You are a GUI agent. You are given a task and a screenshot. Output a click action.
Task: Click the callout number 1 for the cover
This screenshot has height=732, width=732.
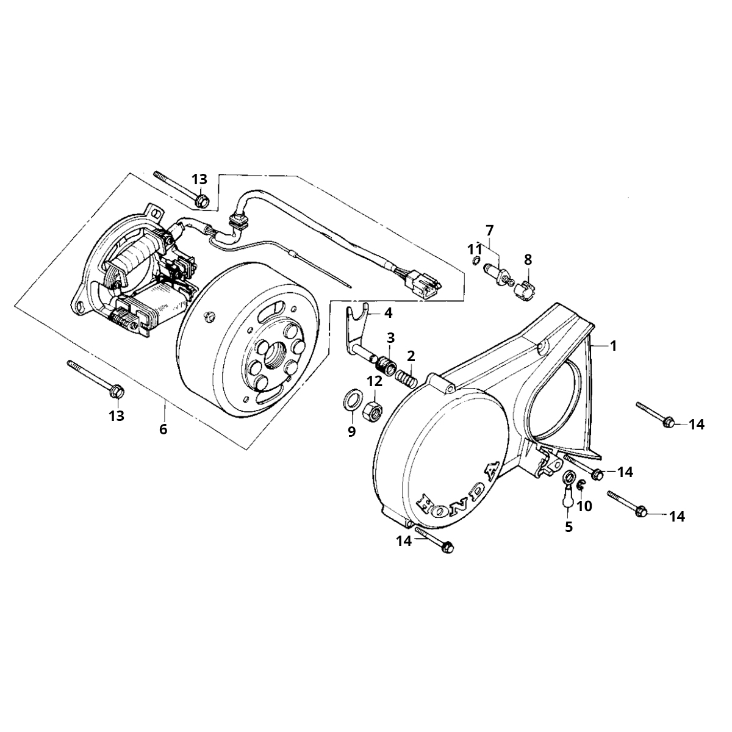(x=613, y=345)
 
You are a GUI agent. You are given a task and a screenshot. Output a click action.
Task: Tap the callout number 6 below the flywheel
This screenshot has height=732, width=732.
(x=163, y=429)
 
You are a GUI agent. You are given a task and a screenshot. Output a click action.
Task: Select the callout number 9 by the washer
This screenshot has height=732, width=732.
(x=351, y=432)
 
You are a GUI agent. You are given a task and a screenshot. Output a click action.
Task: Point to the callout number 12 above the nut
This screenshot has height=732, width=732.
(x=374, y=382)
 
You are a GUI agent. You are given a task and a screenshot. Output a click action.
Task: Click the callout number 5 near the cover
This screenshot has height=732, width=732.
(x=569, y=526)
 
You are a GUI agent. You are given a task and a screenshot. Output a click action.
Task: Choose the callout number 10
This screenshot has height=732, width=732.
(x=584, y=506)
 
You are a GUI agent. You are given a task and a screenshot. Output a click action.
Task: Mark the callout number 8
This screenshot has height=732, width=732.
(x=528, y=259)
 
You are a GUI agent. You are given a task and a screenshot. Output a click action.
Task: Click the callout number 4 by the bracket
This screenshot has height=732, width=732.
(x=389, y=314)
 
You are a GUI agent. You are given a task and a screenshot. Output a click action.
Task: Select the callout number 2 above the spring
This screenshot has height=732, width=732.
(x=411, y=355)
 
